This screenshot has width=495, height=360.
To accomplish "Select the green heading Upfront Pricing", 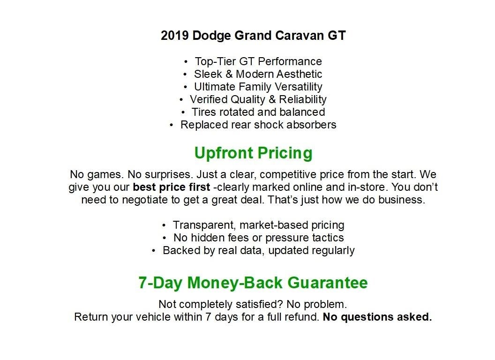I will coord(253,153).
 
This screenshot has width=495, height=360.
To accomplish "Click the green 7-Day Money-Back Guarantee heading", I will coord(253,283).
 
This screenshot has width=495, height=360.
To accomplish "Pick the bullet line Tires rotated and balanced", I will coord(258,112).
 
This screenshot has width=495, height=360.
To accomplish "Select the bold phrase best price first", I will coord(171,187).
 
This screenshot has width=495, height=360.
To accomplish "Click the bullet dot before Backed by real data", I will coord(154,251).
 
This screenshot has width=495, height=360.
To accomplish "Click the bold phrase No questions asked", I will coord(377,317).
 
